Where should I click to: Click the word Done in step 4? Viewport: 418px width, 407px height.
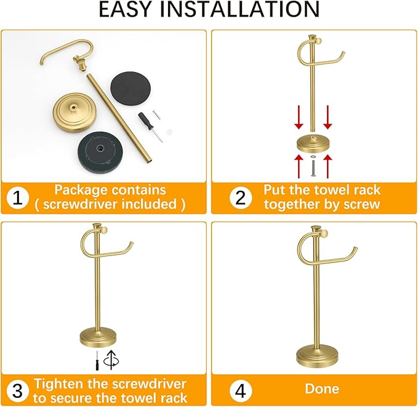pos(321,389)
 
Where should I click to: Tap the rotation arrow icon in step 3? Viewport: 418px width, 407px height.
pos(111,359)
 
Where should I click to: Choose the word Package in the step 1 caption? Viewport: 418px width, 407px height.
pos(81,190)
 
